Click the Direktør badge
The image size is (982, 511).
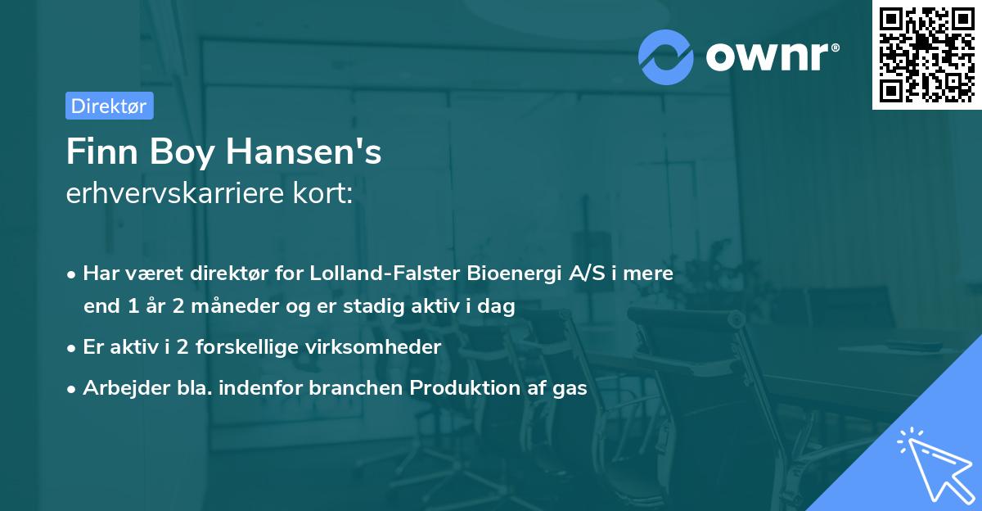tap(109, 106)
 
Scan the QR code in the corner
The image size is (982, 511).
tap(926, 54)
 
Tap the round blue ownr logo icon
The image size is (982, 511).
tap(666, 57)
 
